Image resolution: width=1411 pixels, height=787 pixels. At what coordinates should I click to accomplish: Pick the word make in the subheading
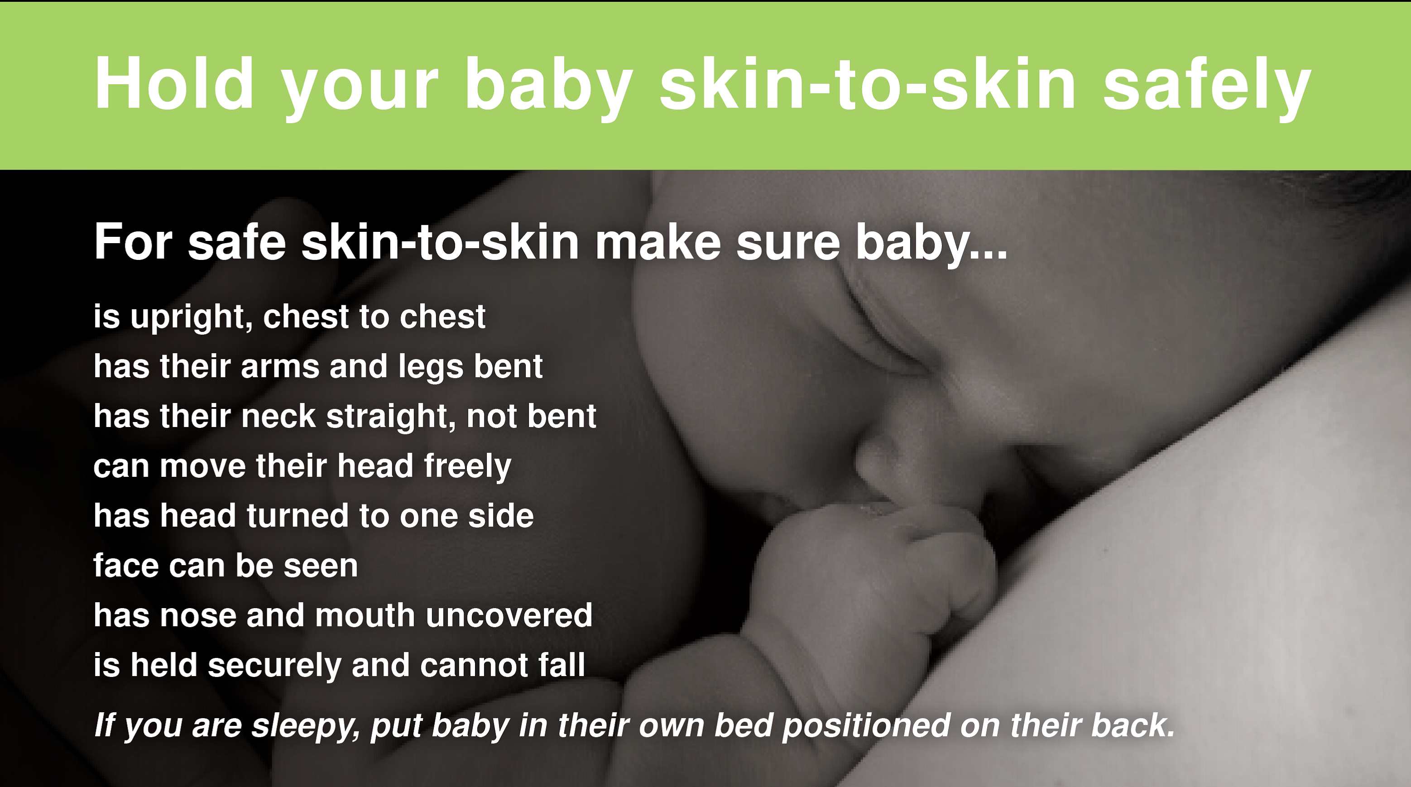658,242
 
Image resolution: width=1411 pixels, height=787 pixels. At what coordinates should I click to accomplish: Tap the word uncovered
509,615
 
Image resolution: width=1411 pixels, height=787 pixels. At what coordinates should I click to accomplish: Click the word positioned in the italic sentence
866,726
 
